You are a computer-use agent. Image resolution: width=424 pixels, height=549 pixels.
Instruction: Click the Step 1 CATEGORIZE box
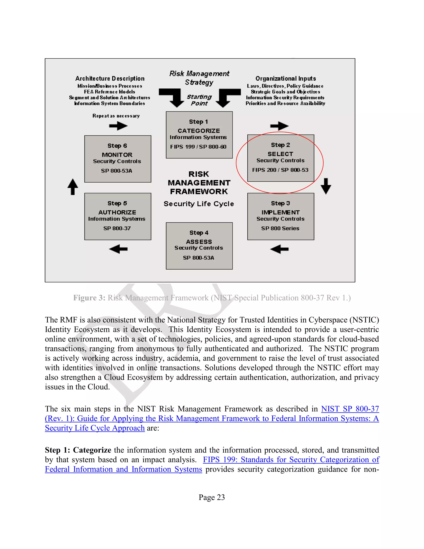point(199,135)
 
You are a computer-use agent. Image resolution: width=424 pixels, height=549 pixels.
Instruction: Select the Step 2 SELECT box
point(281,158)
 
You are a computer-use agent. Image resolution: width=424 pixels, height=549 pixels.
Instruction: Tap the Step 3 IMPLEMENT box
point(281,216)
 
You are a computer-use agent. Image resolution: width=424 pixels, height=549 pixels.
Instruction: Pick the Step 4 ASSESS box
point(199,246)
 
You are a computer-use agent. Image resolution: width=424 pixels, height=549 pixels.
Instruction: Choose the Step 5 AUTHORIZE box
point(118,216)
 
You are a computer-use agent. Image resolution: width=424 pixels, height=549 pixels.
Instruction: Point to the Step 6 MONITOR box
point(118,159)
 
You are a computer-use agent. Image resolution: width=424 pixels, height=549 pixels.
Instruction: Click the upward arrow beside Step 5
point(73,187)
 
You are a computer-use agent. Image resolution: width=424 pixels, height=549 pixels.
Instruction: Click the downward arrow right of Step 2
point(326,186)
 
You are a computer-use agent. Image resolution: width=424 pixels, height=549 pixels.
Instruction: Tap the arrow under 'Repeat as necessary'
point(118,126)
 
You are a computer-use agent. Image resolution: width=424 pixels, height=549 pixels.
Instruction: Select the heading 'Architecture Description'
point(110,79)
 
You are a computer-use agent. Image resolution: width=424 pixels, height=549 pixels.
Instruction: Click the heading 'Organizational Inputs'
point(285,79)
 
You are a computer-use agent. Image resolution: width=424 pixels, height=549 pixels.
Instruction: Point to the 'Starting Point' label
point(199,100)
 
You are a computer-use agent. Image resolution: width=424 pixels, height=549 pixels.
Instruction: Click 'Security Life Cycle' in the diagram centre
point(199,204)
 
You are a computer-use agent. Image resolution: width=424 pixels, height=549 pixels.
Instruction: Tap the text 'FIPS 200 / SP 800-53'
point(280,170)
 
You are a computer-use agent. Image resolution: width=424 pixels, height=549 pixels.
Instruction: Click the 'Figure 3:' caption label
point(89,298)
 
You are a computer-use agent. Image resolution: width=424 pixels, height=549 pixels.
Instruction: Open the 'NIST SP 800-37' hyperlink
point(350,409)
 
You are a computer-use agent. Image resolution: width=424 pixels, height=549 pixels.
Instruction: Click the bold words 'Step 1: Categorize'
point(78,450)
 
